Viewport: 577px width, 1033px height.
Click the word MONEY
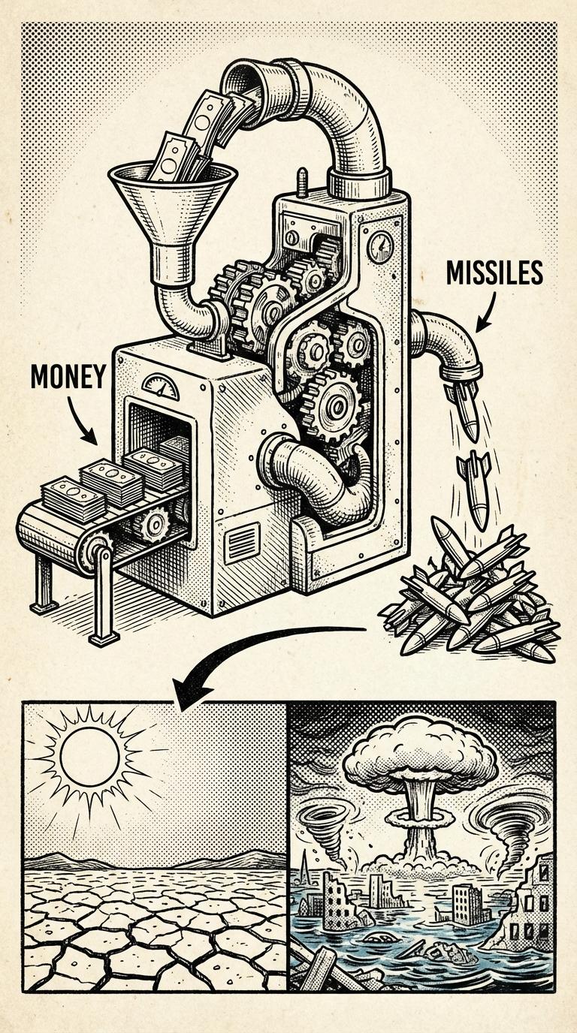click(x=68, y=377)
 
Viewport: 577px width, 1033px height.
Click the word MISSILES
click(x=494, y=273)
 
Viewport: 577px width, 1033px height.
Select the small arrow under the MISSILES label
click(x=488, y=311)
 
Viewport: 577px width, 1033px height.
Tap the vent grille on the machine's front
click(x=241, y=544)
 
